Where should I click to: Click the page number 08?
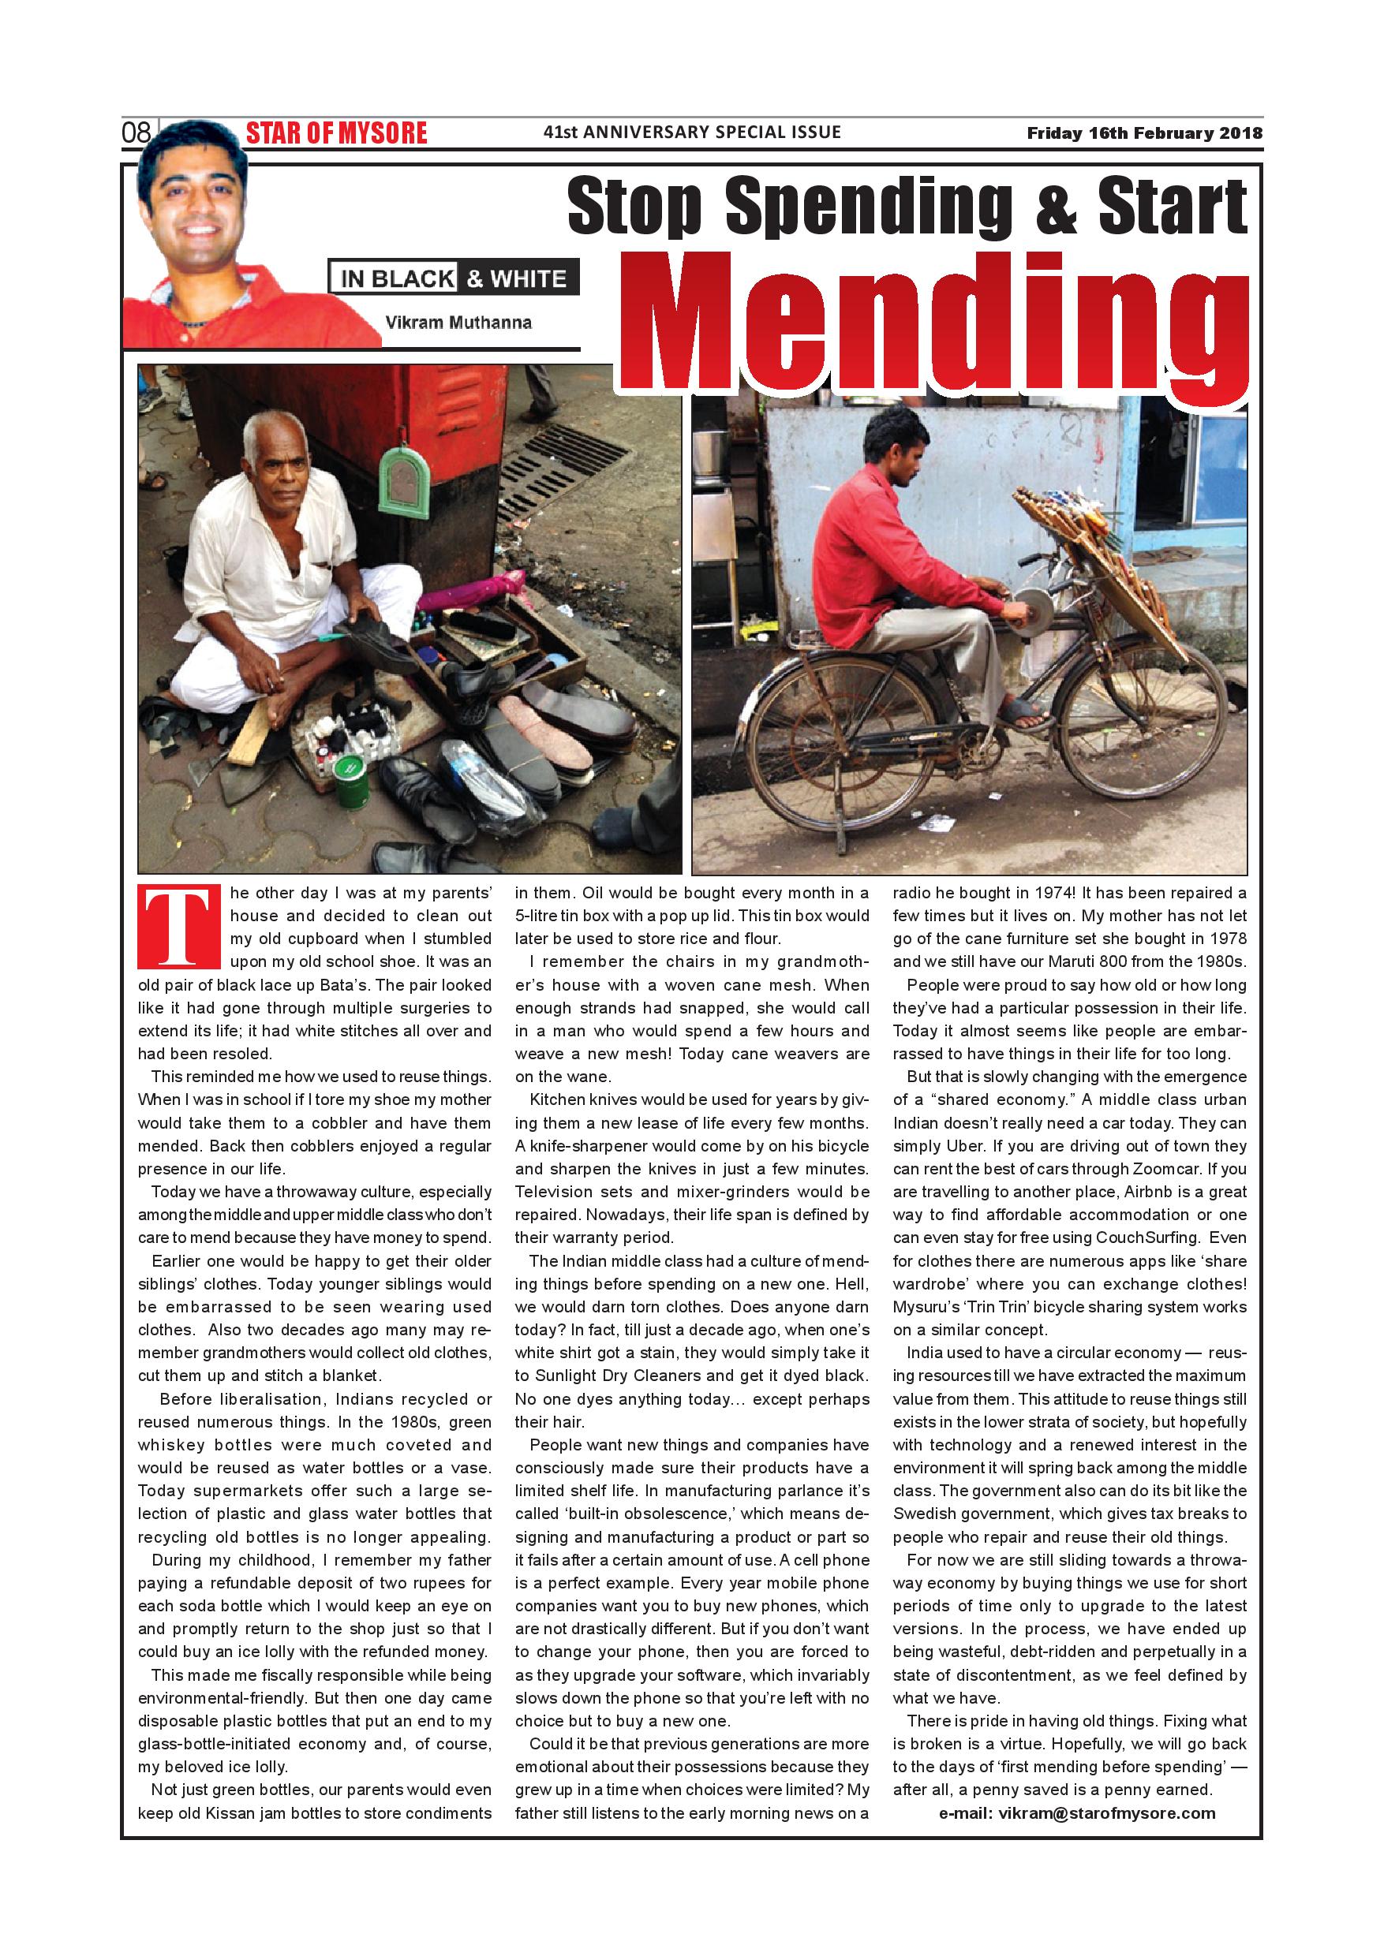coord(137,133)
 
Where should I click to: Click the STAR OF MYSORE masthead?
coord(337,134)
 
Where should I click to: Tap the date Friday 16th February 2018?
coord(1143,133)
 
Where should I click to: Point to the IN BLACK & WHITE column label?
coord(454,278)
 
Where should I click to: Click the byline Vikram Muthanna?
coord(458,323)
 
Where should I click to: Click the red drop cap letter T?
coord(179,928)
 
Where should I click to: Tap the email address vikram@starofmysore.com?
coord(1077,1813)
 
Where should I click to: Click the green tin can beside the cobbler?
coord(351,782)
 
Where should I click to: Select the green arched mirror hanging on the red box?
coord(403,483)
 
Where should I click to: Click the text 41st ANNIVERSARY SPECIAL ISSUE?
coord(692,132)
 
